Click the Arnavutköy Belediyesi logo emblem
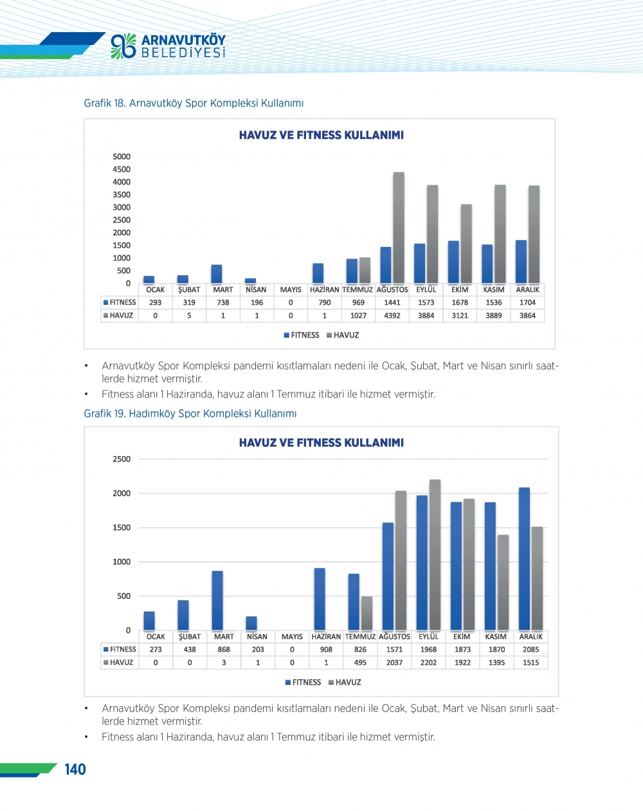[123, 46]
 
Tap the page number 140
[75, 769]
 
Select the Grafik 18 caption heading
[194, 103]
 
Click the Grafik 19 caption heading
[190, 414]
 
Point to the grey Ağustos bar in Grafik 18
[399, 228]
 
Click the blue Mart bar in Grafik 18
[217, 274]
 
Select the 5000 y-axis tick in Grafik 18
[122, 156]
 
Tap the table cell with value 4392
[392, 316]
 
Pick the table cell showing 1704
[527, 302]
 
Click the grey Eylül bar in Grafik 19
[435, 554]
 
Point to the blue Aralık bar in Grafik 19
[525, 558]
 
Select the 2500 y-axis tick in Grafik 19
[122, 459]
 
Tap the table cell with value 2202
[428, 662]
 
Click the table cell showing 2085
[531, 650]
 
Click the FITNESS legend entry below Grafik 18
[302, 335]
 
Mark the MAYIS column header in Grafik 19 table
[292, 637]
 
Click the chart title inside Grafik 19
[321, 442]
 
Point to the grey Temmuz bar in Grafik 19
[367, 613]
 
